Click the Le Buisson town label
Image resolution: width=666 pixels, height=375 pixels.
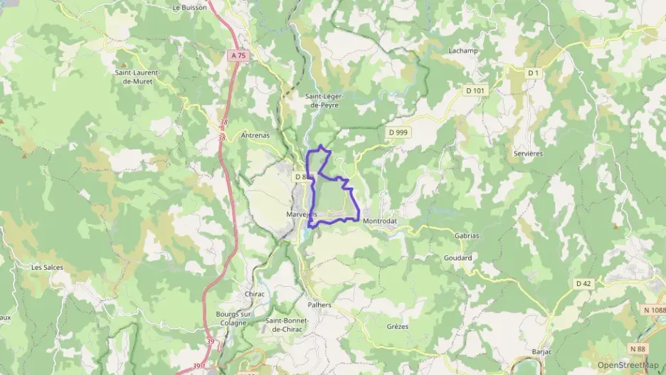[x=189, y=8]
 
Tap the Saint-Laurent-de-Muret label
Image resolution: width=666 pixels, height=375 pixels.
[x=137, y=76]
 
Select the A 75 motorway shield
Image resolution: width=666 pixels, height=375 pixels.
[x=238, y=55]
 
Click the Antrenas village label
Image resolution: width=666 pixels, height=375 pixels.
[x=255, y=135]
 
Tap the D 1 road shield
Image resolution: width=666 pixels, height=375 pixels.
[x=534, y=73]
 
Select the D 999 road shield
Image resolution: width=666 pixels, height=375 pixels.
[x=398, y=132]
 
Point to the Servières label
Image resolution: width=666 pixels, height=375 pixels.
[x=528, y=153]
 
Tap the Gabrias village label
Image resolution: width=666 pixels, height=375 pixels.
[x=467, y=235]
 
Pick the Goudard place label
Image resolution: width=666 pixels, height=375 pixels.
[x=458, y=258]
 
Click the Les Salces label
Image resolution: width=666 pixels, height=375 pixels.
[x=47, y=268]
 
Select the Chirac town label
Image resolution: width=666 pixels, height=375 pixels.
[x=255, y=294]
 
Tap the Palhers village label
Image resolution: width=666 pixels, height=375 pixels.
[x=319, y=305]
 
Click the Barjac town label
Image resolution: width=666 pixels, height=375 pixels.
[x=543, y=352]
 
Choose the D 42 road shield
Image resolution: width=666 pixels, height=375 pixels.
[x=583, y=283]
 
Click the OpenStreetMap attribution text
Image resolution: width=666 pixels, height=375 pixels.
[x=628, y=365]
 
